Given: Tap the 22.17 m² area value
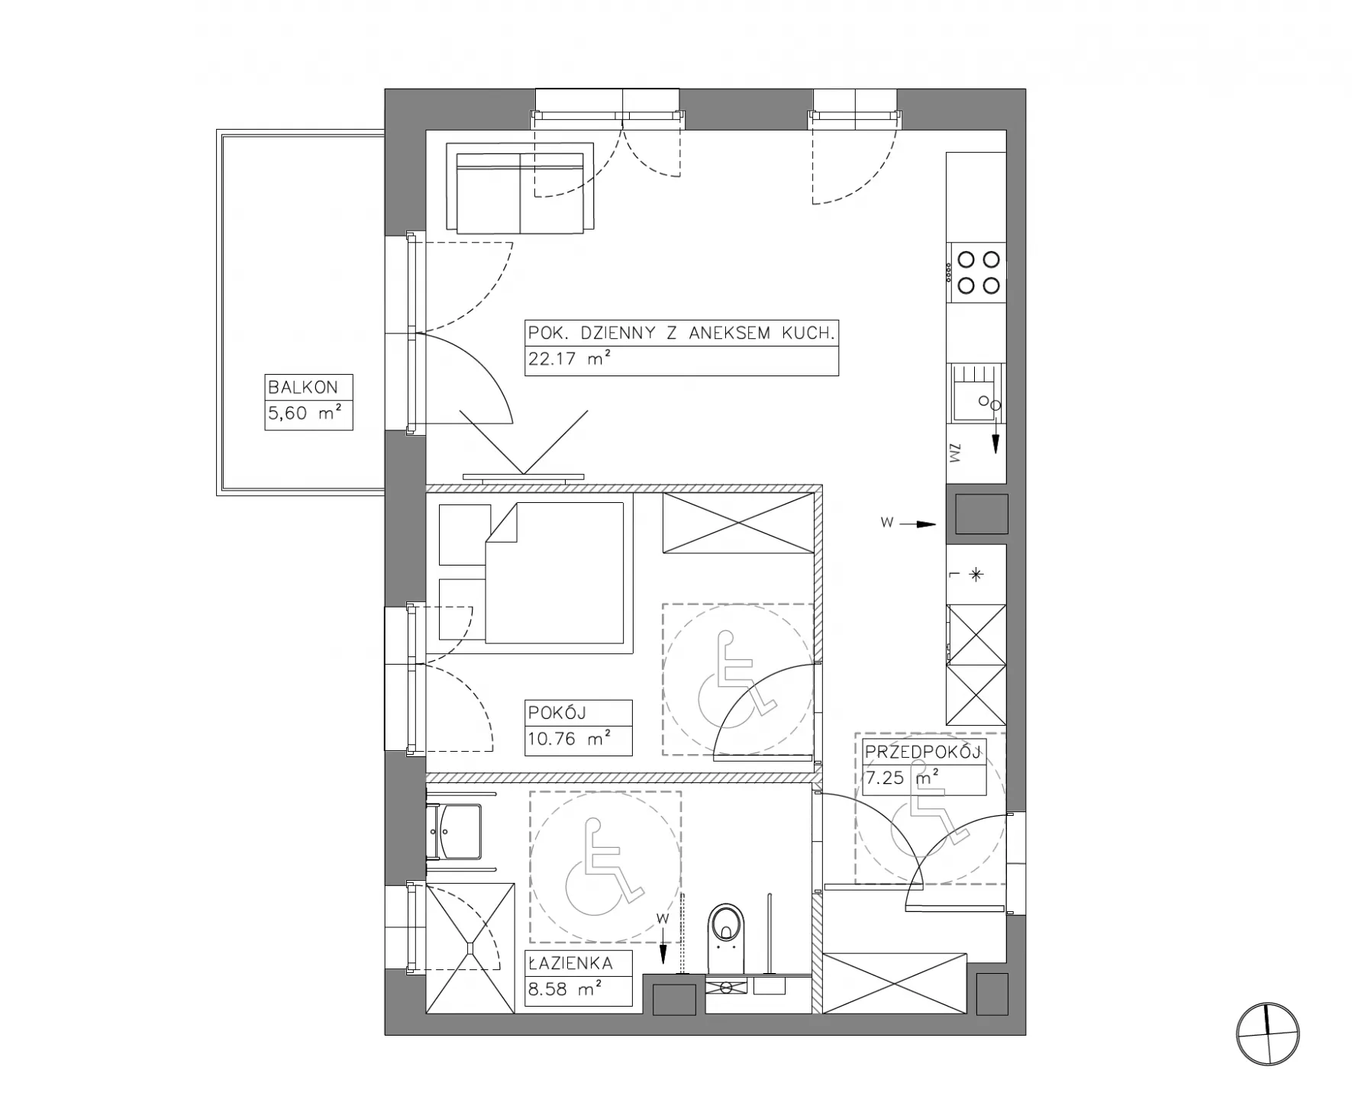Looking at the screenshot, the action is coord(569,359).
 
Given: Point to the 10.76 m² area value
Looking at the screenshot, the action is coord(569,739).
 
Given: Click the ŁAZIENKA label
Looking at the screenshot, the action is coord(570,963).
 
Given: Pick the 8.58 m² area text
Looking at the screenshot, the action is coord(564,989).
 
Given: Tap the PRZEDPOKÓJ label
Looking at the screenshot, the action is coord(922,753).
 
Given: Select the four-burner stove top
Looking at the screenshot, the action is coord(977,272).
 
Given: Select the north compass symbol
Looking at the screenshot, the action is coord(1267,1034).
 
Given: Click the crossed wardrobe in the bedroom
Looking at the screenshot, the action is coord(739,523).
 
